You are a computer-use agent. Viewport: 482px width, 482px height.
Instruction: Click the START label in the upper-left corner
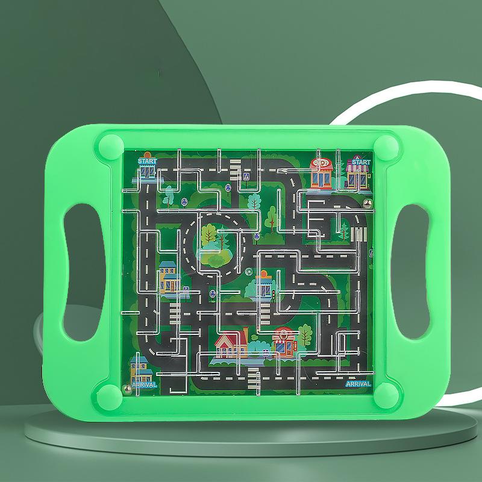point(147,161)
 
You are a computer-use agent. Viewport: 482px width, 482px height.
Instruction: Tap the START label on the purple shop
point(361,161)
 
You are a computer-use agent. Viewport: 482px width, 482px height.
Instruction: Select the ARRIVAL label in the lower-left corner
point(144,384)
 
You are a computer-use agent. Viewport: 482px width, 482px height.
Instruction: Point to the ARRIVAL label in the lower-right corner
point(358,384)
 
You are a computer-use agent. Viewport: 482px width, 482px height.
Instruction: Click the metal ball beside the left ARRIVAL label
point(127,389)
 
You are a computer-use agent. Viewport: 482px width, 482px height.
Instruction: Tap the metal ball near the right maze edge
point(368,203)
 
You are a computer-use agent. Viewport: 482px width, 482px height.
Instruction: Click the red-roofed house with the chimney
point(232,343)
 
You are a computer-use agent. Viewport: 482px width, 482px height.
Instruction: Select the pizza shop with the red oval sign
point(321,173)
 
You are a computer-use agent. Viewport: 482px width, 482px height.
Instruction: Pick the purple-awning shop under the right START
point(357,177)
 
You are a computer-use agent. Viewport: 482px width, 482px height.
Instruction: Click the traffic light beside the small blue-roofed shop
point(274,295)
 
